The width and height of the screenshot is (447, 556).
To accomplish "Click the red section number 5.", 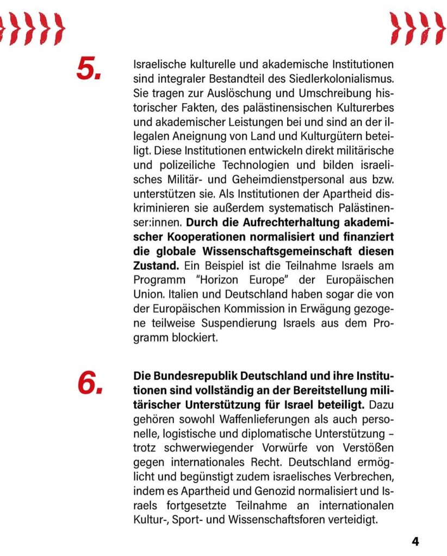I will click(x=89, y=68).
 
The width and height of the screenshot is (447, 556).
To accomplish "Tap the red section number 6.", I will click(x=89, y=383).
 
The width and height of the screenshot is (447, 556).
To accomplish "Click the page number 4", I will click(x=415, y=541).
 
